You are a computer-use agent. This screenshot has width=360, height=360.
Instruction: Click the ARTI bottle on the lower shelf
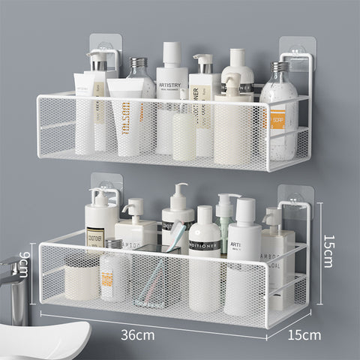coord(244,262)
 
